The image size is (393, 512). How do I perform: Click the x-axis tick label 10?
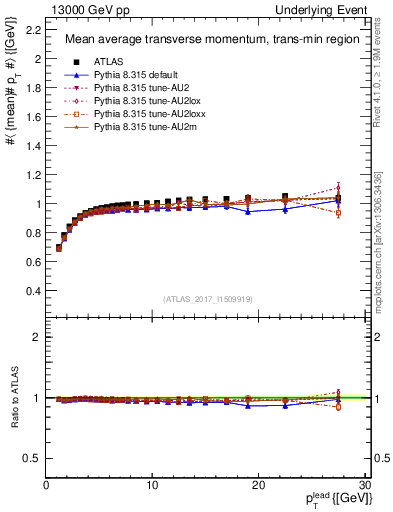point(152,485)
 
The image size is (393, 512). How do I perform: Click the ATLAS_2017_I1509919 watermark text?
point(208,298)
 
